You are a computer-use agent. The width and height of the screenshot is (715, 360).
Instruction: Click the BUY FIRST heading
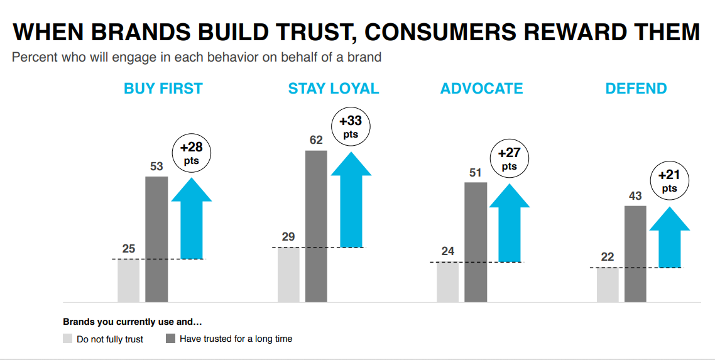163,89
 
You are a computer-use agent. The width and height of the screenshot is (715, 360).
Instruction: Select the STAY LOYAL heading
334,89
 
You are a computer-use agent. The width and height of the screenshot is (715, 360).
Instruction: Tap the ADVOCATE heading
481,89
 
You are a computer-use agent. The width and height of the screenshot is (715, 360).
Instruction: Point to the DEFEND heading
636,89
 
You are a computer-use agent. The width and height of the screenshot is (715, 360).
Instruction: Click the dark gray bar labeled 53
156,239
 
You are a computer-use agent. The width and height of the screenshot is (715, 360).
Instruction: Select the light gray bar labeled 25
129,280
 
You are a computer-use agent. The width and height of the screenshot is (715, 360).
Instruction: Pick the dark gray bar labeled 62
316,226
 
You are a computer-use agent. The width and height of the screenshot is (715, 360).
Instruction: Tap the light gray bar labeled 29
288,275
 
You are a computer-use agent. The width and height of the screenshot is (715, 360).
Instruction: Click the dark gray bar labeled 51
476,242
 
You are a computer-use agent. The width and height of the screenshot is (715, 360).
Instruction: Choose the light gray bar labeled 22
608,285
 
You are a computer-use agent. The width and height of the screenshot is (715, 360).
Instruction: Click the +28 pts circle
192,153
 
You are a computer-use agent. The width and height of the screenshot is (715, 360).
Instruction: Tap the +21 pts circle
669,181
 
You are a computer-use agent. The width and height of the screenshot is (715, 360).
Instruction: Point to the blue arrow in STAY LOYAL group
351,200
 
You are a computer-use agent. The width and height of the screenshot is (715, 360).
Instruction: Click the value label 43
635,196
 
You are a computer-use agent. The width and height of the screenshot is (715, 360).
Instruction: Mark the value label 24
447,251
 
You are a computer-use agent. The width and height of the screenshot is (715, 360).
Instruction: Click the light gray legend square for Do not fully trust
67,339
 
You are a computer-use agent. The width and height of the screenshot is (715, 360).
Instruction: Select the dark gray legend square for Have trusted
170,339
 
